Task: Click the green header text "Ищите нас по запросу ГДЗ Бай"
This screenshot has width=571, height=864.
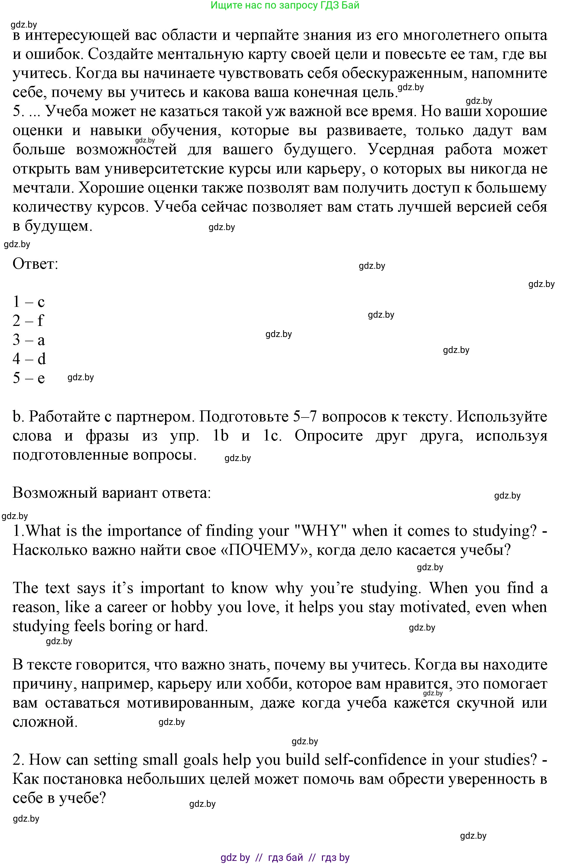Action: click(285, 5)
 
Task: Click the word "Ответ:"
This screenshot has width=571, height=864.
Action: click(35, 264)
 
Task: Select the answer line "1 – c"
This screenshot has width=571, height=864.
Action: click(28, 302)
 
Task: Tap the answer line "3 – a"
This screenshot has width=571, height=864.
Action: click(28, 340)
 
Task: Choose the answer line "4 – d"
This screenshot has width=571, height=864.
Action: click(29, 359)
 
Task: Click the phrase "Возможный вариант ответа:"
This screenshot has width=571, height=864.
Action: click(112, 493)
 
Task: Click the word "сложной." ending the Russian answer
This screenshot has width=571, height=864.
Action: click(45, 722)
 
